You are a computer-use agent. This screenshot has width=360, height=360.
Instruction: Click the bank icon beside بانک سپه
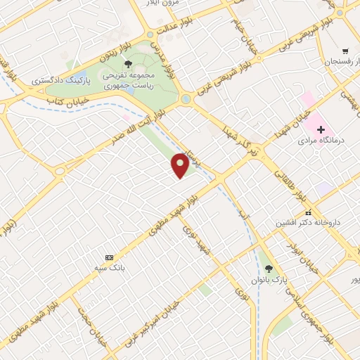108,257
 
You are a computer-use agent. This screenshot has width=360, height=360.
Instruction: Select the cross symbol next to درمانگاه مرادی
321,129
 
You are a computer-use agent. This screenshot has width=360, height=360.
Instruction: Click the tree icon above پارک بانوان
269,269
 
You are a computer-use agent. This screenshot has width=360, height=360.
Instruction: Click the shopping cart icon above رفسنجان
345,51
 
